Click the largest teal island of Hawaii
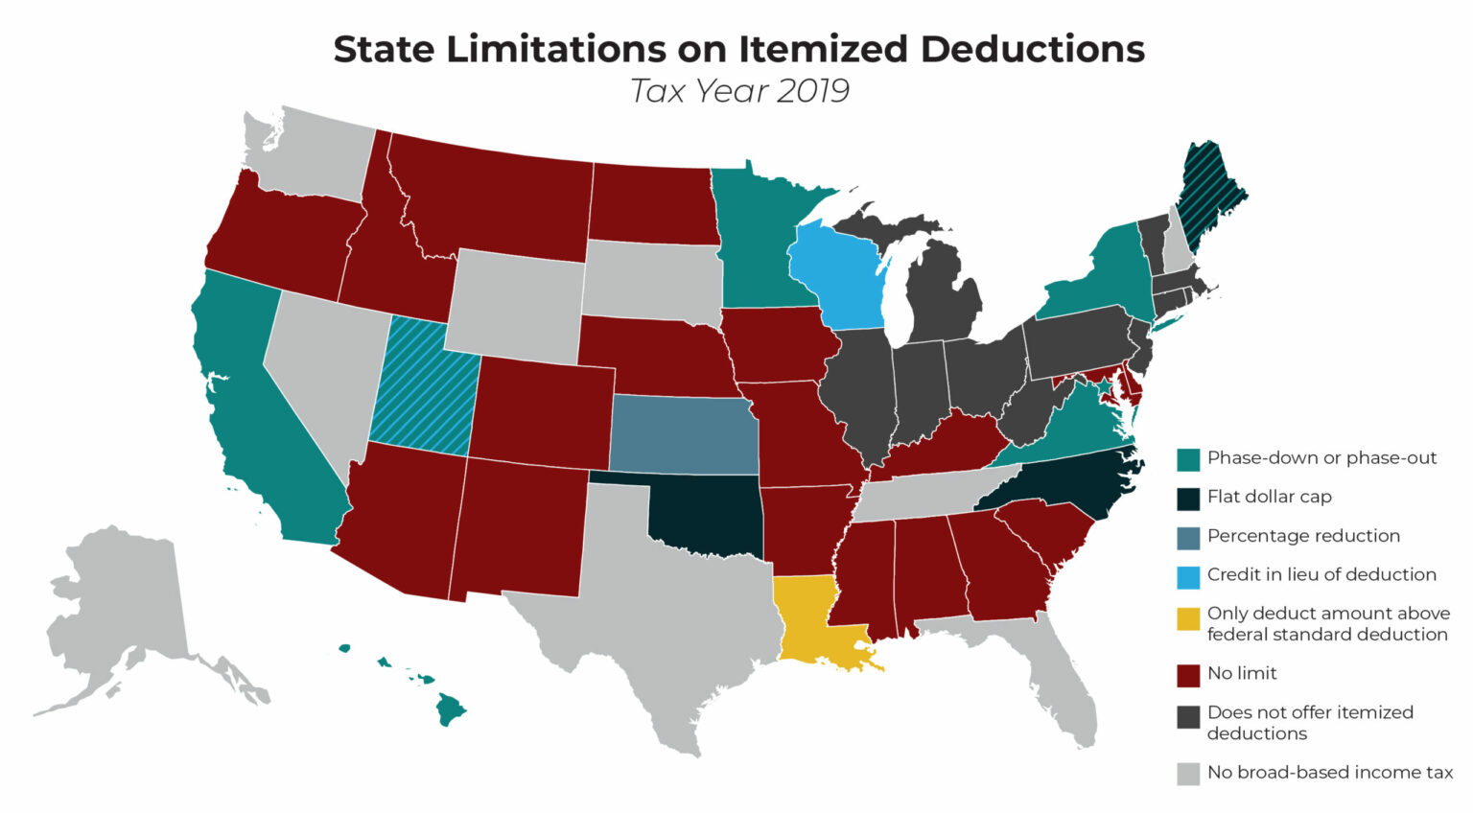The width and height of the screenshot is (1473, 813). point(450,710)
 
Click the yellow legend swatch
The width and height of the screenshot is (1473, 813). point(1188,620)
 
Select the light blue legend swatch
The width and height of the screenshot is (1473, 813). point(1188,576)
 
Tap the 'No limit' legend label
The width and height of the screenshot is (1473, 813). point(1242,674)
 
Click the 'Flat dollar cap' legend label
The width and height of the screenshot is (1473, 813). point(1269,497)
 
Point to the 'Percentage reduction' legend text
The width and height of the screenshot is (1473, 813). point(1303,536)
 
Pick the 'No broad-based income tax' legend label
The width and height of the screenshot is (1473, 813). point(1330,773)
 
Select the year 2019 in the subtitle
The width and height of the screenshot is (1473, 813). point(812,91)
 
